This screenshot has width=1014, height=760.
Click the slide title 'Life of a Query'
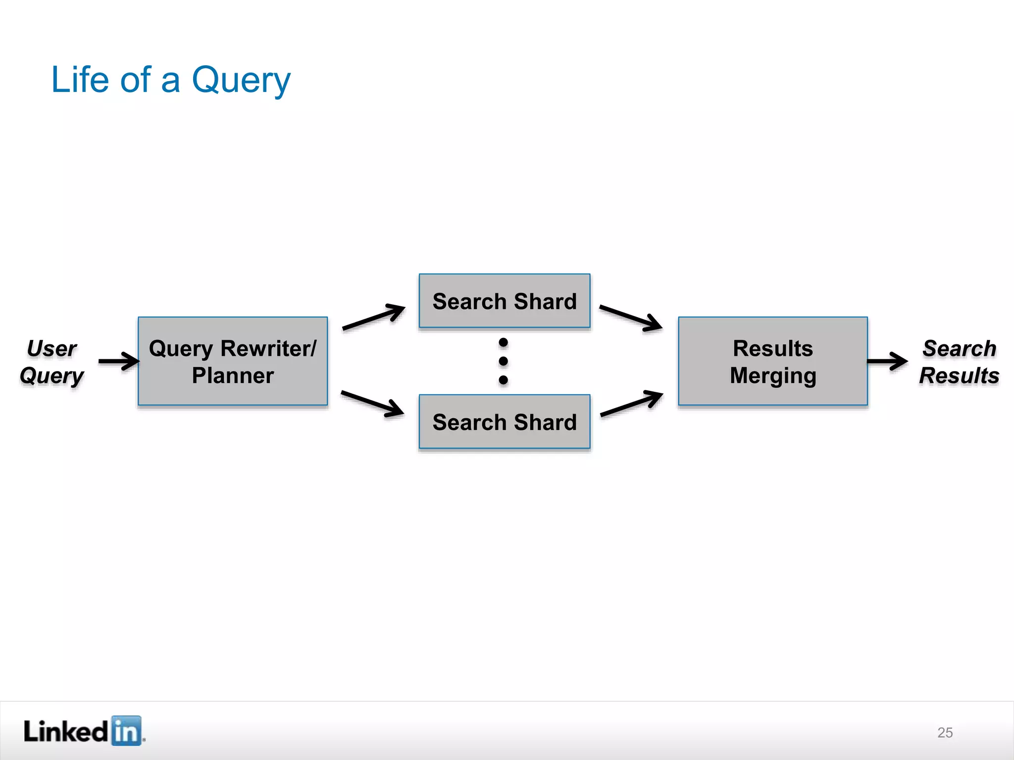(x=171, y=80)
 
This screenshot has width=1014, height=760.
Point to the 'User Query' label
(x=51, y=362)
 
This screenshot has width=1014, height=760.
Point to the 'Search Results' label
(x=959, y=362)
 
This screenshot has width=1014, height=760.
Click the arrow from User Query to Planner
(x=119, y=361)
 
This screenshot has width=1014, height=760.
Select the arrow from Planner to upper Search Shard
(x=374, y=317)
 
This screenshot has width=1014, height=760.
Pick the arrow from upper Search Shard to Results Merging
(x=631, y=318)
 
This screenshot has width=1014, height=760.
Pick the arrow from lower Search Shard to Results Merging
(x=632, y=403)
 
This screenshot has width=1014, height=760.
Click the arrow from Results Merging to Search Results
(x=887, y=361)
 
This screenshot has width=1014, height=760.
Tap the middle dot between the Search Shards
(x=504, y=361)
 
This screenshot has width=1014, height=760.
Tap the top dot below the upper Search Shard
(x=504, y=342)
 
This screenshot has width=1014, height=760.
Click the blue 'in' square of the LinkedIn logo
(x=126, y=730)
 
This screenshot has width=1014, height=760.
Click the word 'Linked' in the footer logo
(x=65, y=731)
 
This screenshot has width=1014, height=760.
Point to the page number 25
(x=945, y=732)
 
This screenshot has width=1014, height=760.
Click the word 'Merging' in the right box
(x=773, y=376)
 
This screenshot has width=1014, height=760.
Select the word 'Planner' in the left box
(x=233, y=376)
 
